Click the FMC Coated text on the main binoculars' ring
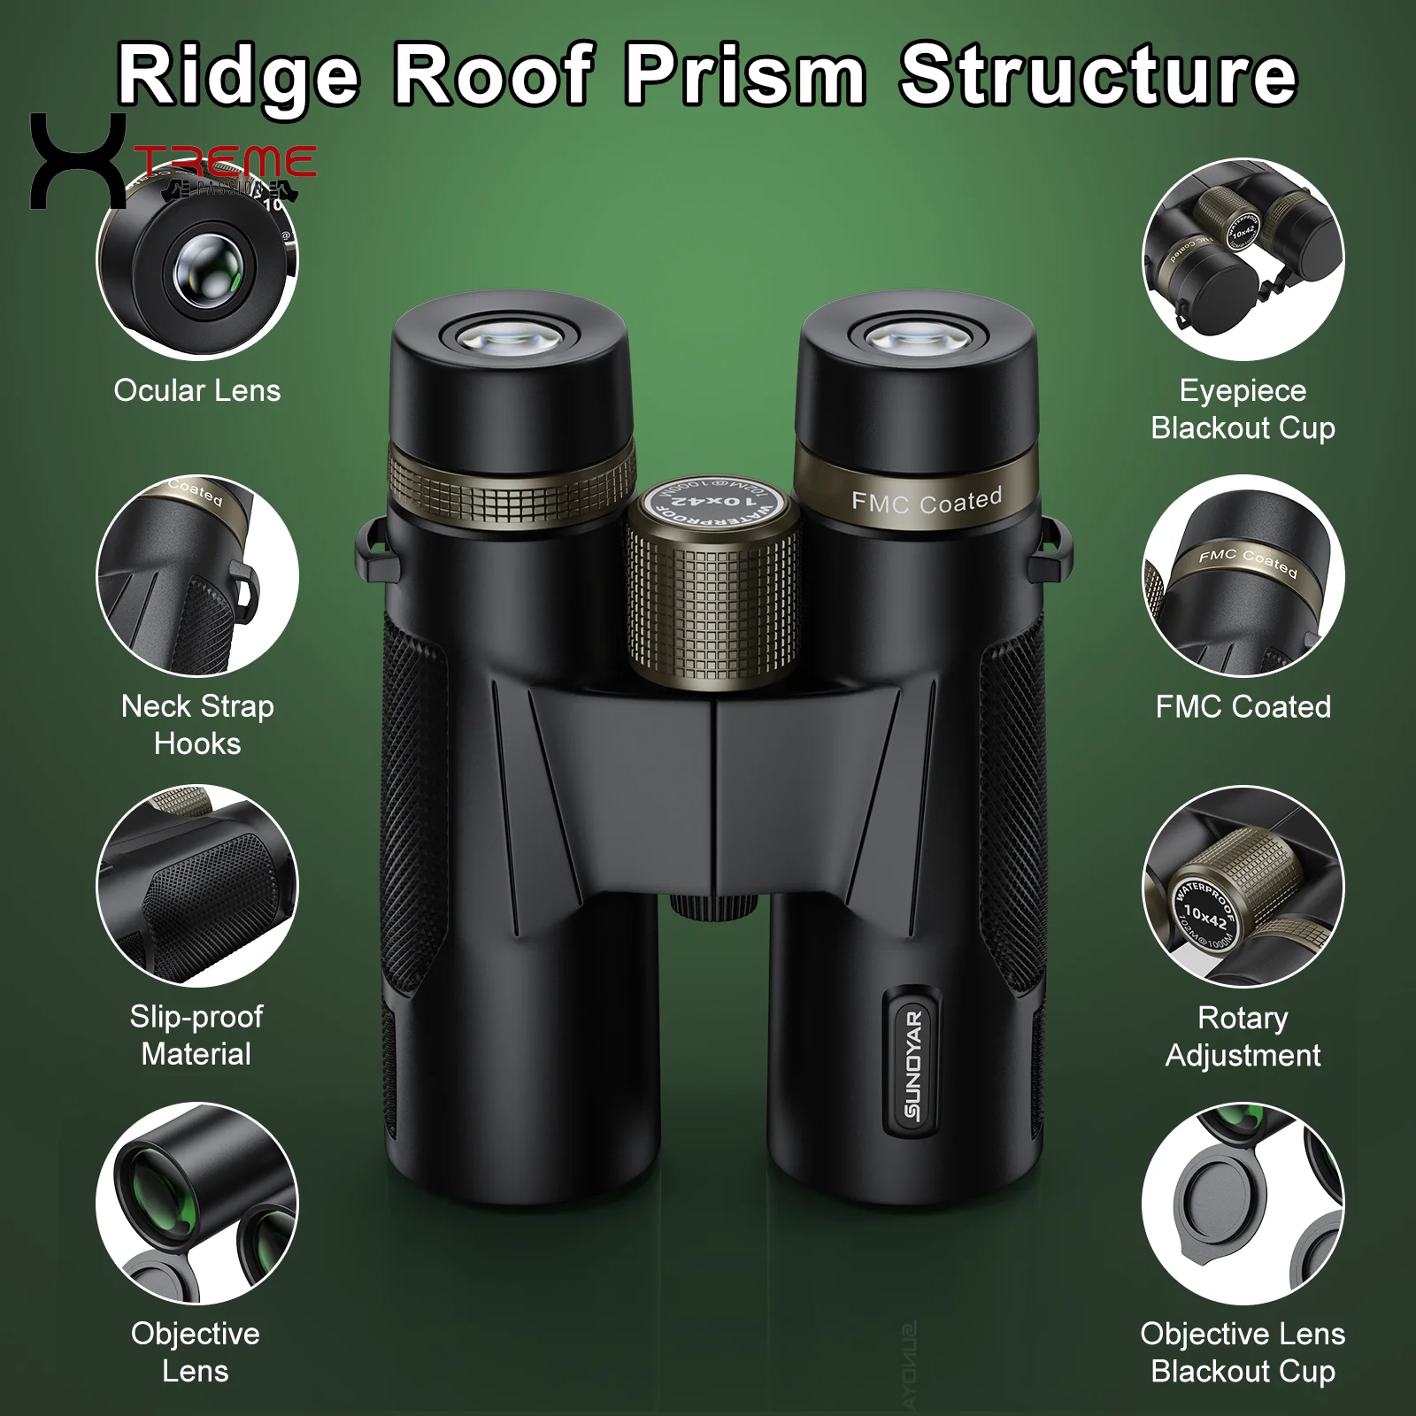(926, 502)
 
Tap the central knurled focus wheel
(713, 611)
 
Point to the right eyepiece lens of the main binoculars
(917, 337)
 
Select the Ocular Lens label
(196, 390)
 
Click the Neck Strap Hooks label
(196, 724)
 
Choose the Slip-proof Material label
(196, 1035)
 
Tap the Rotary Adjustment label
(1243, 1035)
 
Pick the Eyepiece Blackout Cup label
(1243, 409)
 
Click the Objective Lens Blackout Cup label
(1243, 1351)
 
